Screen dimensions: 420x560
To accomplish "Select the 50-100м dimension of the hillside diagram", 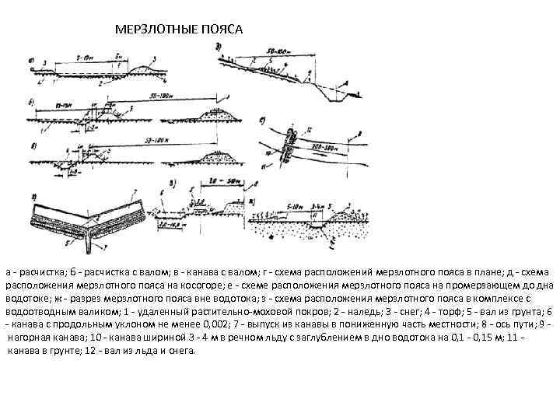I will (x=277, y=51).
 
